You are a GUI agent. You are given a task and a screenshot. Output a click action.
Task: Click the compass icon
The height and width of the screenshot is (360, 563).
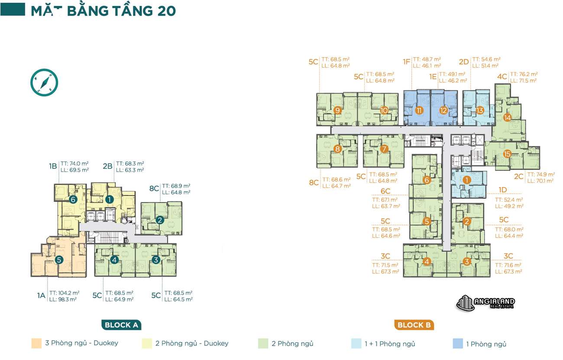[x=44, y=82]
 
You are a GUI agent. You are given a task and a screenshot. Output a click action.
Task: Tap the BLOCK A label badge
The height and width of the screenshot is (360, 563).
[x=122, y=325]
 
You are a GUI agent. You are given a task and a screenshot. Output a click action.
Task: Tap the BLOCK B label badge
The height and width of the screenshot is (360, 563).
[x=414, y=325]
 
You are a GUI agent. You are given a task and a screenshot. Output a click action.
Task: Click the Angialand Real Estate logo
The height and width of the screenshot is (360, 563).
[x=485, y=302]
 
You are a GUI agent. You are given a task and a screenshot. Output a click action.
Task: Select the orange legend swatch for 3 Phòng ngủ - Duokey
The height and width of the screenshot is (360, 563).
[x=36, y=344]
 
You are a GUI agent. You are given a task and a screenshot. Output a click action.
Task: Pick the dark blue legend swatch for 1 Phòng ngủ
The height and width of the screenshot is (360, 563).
[x=457, y=344]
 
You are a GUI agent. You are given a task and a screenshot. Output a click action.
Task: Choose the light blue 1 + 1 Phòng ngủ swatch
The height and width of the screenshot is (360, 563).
[x=356, y=344]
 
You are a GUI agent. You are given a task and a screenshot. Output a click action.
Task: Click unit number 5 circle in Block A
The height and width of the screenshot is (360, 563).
[x=59, y=260]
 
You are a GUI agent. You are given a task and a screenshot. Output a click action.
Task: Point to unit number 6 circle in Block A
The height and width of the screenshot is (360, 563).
[x=73, y=199]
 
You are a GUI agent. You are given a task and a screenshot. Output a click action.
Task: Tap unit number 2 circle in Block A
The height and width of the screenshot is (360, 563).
[x=159, y=220]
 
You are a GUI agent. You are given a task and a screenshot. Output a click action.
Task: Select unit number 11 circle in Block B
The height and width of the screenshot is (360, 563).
[x=419, y=110]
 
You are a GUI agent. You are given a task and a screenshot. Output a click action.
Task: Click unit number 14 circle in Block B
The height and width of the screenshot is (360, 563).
[x=507, y=117]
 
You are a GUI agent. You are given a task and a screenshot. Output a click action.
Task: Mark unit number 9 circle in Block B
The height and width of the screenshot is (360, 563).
[x=338, y=110]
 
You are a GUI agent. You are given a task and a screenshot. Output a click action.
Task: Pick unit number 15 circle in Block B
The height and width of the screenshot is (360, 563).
[x=507, y=154]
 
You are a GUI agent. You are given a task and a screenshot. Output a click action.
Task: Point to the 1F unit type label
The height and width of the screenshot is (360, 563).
[x=406, y=62]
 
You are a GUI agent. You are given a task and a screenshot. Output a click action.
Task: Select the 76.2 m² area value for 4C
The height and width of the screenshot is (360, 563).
[x=524, y=74]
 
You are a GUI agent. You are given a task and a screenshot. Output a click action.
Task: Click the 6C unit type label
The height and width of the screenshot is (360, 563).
[x=385, y=191]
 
